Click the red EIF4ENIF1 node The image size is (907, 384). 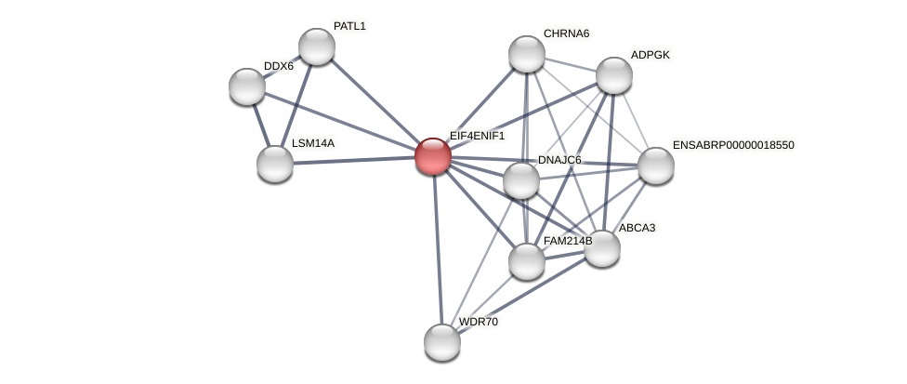(x=433, y=156)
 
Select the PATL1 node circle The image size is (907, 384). (x=317, y=46)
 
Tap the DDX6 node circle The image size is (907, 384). (x=247, y=86)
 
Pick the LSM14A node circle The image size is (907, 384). (x=275, y=164)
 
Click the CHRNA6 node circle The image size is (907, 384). (x=527, y=54)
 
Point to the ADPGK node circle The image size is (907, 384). (x=614, y=75)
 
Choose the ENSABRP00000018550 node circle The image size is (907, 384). (x=656, y=166)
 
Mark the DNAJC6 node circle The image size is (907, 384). (x=521, y=180)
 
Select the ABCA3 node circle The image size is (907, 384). (x=602, y=248)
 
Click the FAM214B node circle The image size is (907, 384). (x=527, y=261)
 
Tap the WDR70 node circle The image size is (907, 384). (x=442, y=342)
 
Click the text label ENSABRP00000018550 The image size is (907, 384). (x=733, y=145)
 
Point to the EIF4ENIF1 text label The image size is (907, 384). (x=477, y=136)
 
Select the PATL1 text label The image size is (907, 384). (x=349, y=26)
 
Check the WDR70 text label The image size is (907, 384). (x=479, y=322)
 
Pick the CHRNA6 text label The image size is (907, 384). (x=566, y=33)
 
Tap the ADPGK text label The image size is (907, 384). (x=650, y=55)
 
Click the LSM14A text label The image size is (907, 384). (x=312, y=143)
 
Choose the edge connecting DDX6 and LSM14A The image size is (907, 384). (x=261, y=126)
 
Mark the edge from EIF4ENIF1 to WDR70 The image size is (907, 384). (x=438, y=249)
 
